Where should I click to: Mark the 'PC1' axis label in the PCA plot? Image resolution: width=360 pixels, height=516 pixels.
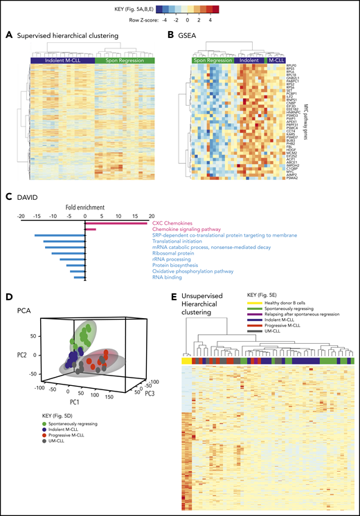point(64,401)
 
